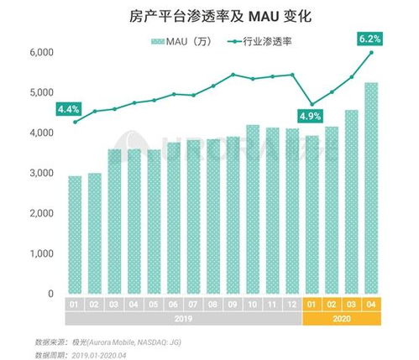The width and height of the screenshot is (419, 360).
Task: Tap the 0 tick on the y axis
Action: click(x=50, y=294)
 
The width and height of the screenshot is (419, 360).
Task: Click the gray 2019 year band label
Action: click(x=182, y=318)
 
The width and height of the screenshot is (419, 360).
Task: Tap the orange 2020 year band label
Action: click(x=342, y=318)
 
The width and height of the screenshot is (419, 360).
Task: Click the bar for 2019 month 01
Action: click(x=76, y=235)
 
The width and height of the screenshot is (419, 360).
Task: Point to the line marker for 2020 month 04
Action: click(x=372, y=53)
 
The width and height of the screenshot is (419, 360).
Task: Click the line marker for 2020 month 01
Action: click(x=312, y=103)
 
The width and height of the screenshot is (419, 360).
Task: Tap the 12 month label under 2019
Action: click(x=291, y=304)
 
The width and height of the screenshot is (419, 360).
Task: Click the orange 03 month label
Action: click(x=352, y=304)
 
